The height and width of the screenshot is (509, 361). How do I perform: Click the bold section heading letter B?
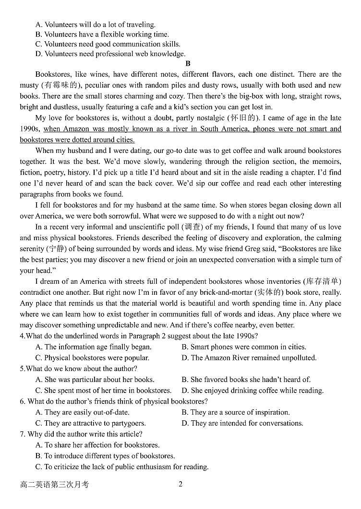[188, 64]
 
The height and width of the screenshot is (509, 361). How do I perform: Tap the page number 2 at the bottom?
[180, 484]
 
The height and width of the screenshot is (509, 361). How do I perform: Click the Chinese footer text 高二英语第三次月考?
[54, 485]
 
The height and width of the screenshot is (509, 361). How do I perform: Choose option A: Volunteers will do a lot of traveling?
[95, 24]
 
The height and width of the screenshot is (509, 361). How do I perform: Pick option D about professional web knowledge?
[110, 54]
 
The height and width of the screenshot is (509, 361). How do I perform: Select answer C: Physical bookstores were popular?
[92, 358]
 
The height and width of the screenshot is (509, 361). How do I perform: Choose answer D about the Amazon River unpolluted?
[249, 358]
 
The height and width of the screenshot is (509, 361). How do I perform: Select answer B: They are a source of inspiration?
[235, 412]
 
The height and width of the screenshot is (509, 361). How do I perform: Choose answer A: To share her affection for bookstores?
[97, 445]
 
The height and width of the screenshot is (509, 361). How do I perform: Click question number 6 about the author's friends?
[23, 401]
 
